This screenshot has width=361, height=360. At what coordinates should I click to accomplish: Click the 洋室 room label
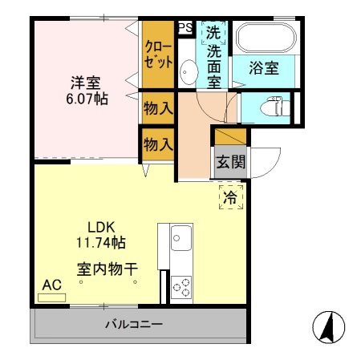click(x=86, y=82)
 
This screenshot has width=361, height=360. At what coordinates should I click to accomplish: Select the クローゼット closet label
click(x=158, y=55)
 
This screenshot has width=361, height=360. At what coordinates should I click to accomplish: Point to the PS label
click(x=185, y=28)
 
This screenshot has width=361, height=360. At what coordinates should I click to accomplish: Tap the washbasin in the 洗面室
click(x=187, y=72)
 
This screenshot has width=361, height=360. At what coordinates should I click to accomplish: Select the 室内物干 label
click(x=106, y=269)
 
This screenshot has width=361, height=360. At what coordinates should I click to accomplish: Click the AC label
click(x=51, y=285)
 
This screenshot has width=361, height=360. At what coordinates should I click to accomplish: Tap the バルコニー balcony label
click(x=134, y=325)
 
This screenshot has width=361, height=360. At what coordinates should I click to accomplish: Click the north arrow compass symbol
click(x=327, y=326)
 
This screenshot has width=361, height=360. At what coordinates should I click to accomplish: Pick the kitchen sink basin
click(x=180, y=238)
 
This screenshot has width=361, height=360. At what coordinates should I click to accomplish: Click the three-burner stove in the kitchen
click(x=180, y=285)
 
